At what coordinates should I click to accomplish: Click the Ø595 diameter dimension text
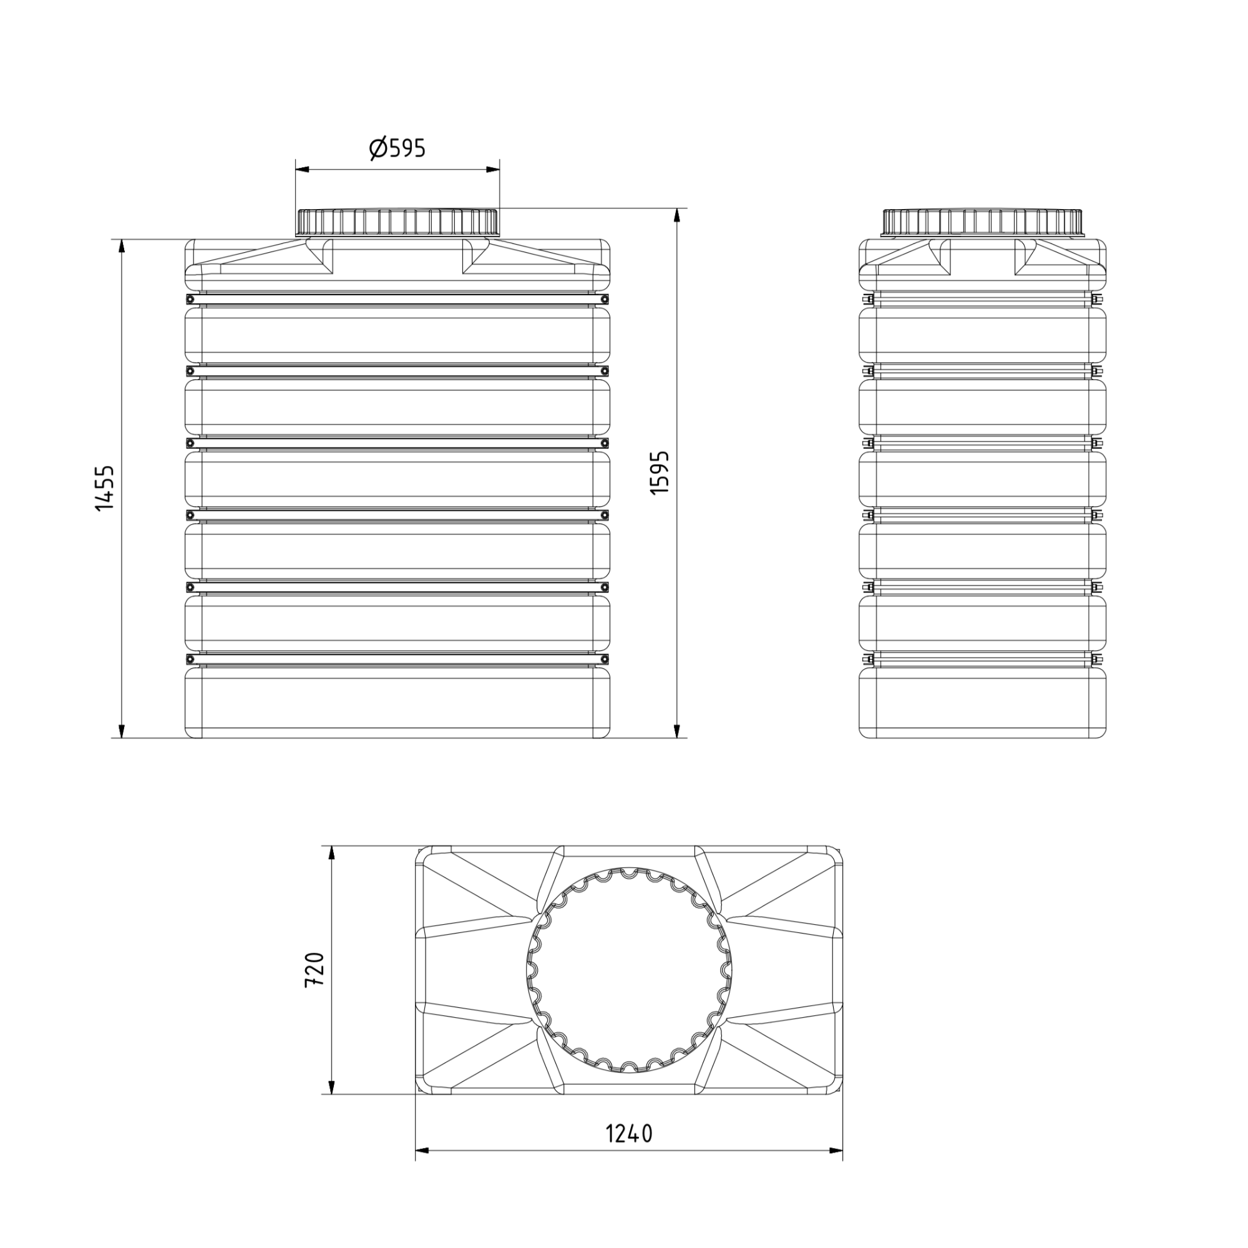pos(398,149)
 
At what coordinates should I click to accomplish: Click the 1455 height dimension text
pos(105,489)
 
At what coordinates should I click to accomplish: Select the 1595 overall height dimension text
pos(660,473)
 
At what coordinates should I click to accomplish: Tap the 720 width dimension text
pos(314,969)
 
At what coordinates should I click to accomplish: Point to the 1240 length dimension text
pos(628,1133)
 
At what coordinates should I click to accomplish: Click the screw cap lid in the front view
pos(398,222)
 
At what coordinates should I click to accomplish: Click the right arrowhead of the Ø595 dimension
pos(494,170)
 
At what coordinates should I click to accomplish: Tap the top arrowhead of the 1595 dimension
pos(677,215)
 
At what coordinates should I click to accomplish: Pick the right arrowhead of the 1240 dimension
pos(836,1151)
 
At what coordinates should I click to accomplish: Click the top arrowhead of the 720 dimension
pos(332,852)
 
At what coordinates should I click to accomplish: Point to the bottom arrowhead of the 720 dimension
pos(332,1087)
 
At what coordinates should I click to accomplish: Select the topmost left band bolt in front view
pos(190,299)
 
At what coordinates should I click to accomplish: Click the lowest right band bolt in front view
pos(605,659)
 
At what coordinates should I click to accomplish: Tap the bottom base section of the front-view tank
pos(398,703)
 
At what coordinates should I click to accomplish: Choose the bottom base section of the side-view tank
pos(982,703)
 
